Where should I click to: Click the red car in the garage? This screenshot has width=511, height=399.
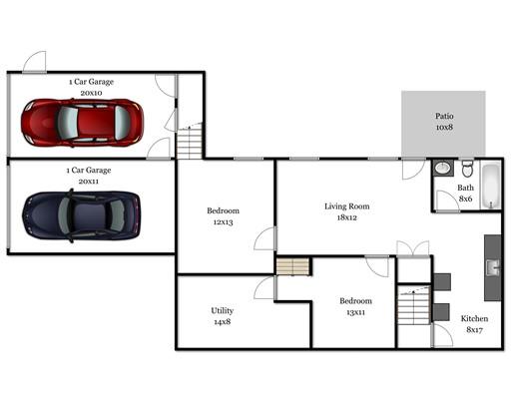tap(82, 123)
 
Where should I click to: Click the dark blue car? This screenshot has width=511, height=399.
tap(81, 215)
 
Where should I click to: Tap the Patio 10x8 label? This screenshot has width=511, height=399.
tap(444, 122)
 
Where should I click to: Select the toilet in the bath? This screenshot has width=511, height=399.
tap(467, 169)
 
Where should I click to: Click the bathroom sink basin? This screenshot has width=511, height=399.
tap(443, 168)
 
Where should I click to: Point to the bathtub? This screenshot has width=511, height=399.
tap(491, 187)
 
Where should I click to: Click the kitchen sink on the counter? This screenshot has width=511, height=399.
tap(492, 267)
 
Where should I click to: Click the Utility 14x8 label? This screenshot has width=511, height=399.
tap(223, 316)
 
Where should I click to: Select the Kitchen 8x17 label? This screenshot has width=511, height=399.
tap(474, 324)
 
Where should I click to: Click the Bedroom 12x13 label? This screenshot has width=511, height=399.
tap(223, 216)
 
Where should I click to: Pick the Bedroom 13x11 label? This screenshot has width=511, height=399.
tap(355, 306)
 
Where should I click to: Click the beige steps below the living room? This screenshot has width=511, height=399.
tap(293, 266)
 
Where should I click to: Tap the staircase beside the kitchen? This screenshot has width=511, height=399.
tap(414, 305)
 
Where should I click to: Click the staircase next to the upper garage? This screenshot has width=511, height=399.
tap(190, 141)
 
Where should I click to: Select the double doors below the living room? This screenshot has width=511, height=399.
tap(413, 248)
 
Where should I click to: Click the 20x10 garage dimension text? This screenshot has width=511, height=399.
tap(91, 93)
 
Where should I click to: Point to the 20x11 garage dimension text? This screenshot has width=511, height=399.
tap(89, 182)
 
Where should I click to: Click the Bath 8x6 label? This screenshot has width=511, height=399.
tap(465, 194)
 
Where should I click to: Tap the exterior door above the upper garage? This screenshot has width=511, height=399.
tap(34, 62)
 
